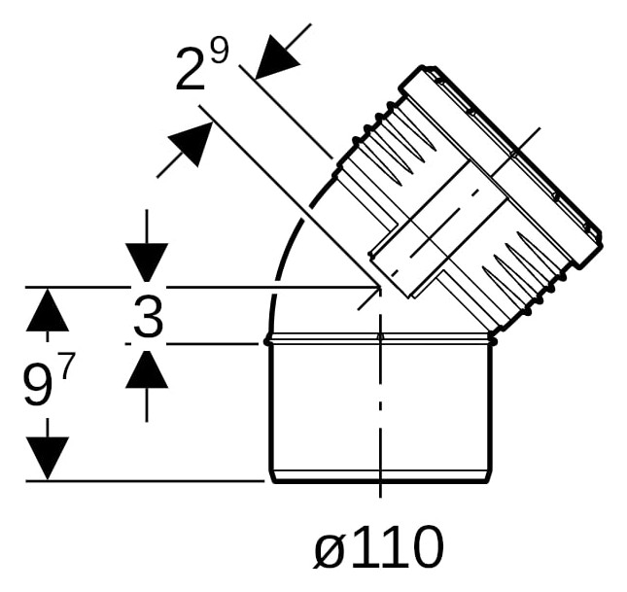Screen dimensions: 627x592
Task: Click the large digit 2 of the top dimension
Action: [x=191, y=68]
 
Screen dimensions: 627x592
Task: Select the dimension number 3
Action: [x=149, y=314]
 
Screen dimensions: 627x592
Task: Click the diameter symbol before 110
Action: [x=330, y=546]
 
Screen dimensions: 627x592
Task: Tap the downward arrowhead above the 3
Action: [x=147, y=262]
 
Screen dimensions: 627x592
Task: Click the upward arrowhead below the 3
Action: [x=147, y=369]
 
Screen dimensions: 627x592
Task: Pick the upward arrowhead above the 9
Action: [x=48, y=310]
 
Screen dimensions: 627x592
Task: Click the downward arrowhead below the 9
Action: [x=48, y=458]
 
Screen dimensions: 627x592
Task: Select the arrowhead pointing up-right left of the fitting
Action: [x=190, y=144]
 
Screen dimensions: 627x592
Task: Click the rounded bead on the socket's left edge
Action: [x=267, y=341]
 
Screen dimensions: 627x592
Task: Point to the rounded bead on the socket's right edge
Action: [x=494, y=341]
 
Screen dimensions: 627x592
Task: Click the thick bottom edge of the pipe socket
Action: [x=380, y=481]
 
